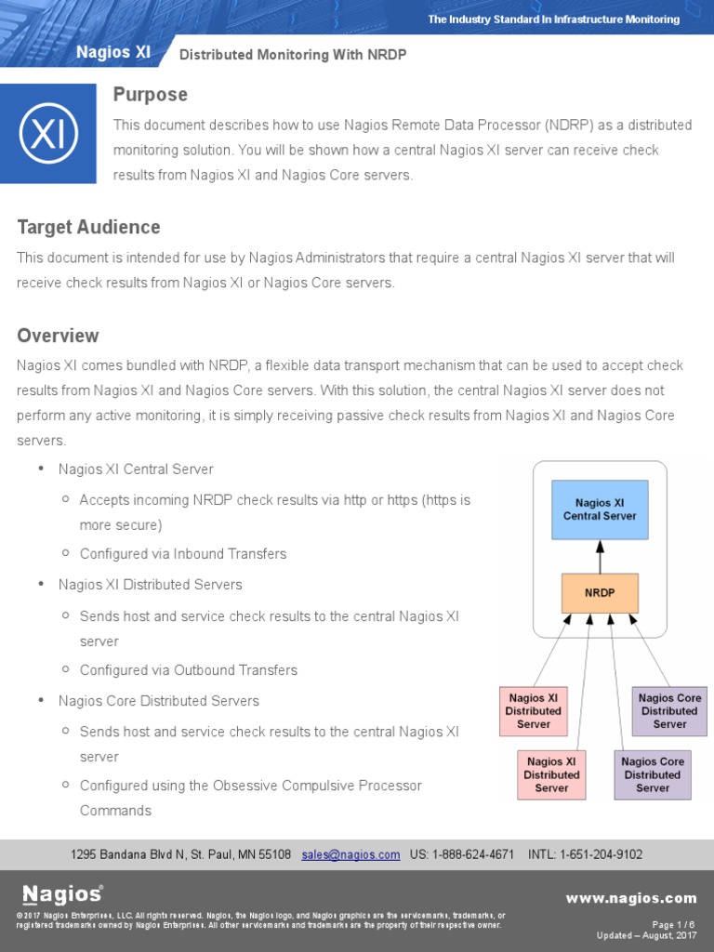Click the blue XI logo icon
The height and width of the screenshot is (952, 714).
click(48, 133)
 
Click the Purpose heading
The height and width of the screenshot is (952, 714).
click(150, 95)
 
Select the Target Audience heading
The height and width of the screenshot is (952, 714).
click(88, 228)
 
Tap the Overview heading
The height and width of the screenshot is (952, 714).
click(58, 336)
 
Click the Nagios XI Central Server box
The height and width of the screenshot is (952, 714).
click(600, 509)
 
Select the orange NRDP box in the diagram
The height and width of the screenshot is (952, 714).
click(600, 592)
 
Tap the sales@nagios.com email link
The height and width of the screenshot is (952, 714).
click(350, 854)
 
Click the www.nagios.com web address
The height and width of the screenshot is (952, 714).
click(631, 898)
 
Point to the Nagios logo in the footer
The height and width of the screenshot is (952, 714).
click(62, 894)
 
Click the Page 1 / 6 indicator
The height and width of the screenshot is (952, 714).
click(674, 924)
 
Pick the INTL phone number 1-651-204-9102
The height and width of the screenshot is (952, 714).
click(602, 854)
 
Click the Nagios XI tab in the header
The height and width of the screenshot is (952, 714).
click(113, 53)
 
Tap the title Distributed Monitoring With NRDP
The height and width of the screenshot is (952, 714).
click(293, 55)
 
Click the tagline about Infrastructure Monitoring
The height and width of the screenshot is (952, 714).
click(553, 20)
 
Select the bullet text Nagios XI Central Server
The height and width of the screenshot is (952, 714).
click(136, 469)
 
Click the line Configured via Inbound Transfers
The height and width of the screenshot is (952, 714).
click(183, 554)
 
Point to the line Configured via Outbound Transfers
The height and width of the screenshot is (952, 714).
click(189, 670)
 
